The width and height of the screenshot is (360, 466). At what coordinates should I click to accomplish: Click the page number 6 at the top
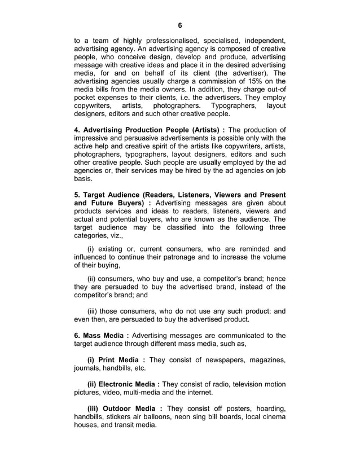pyautogui.click(x=180, y=25)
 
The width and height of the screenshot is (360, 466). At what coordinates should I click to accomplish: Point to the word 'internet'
pyautogui.click(x=197, y=393)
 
